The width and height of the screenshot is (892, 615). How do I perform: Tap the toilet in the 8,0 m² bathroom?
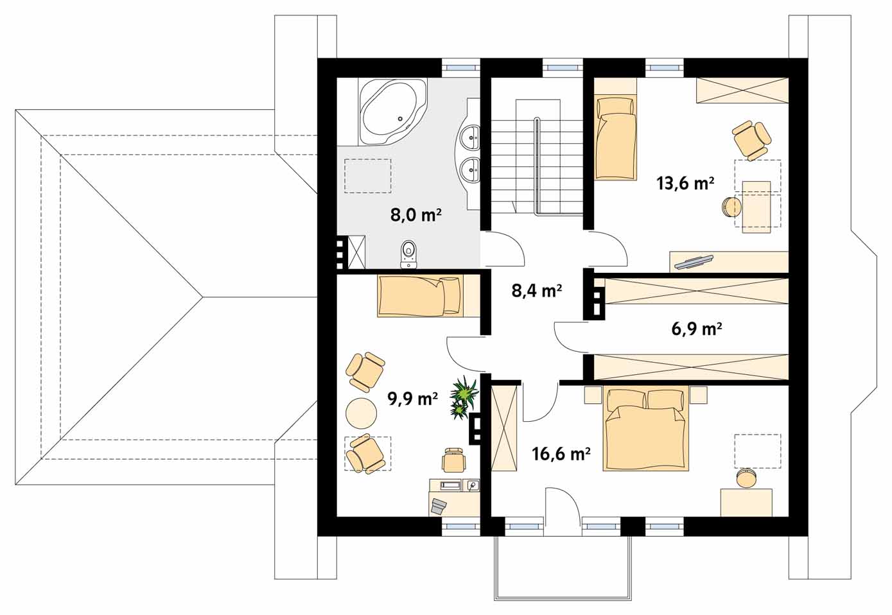pyautogui.click(x=408, y=254)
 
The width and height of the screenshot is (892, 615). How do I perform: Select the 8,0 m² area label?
pyautogui.click(x=415, y=215)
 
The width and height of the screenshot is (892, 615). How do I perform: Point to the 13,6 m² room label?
pyautogui.click(x=685, y=184)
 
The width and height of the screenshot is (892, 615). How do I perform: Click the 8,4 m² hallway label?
pyautogui.click(x=537, y=291)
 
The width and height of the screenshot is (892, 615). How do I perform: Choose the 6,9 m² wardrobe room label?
pyautogui.click(x=697, y=329)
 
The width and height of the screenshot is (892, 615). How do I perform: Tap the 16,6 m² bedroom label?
pyautogui.click(x=561, y=453)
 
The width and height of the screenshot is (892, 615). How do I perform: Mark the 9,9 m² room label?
pyautogui.click(x=412, y=399)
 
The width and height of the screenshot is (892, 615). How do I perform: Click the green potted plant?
pyautogui.click(x=464, y=398)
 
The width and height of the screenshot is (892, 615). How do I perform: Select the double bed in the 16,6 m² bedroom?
pyautogui.click(x=645, y=428)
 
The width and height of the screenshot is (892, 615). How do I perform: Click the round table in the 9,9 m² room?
pyautogui.click(x=362, y=413)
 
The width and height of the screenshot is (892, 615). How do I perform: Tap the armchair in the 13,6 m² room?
pyautogui.click(x=751, y=140)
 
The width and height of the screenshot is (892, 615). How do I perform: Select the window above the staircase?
pyautogui.click(x=563, y=67)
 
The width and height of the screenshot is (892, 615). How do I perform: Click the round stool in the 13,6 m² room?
pyautogui.click(x=731, y=207)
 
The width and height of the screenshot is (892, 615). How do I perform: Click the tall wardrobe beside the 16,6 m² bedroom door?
pyautogui.click(x=505, y=428)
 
